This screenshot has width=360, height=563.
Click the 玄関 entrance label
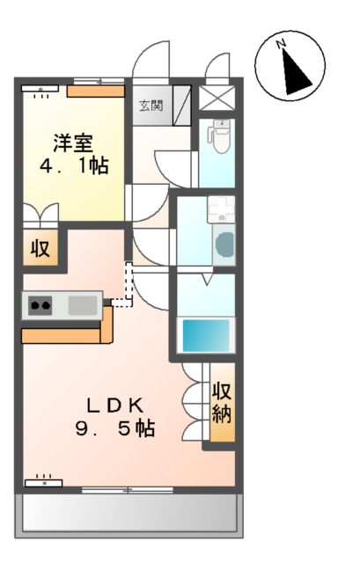pos(151,106)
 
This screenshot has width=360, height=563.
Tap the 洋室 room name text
pos(74,142)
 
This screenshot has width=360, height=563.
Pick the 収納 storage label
pos(222,402)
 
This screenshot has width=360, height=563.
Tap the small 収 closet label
pos(40,247)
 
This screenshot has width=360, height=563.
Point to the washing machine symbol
pos(223,244)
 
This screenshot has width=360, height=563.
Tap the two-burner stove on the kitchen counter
pos(40,306)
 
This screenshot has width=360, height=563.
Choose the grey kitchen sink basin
pos(82,305)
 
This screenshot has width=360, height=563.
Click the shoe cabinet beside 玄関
pos(182,106)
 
